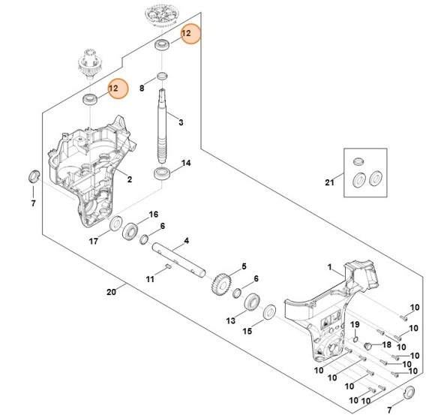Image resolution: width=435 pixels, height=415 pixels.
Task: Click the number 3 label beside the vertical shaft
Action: pyautogui.click(x=181, y=121)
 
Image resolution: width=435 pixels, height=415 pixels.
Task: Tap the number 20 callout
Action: pyautogui.click(x=112, y=291)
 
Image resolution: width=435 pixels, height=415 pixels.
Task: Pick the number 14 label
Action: pyautogui.click(x=187, y=162)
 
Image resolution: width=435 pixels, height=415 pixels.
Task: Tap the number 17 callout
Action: pyautogui.click(x=94, y=241)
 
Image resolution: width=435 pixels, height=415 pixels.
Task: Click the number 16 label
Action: pyautogui.click(x=154, y=214)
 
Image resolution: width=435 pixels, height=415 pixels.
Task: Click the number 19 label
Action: pyautogui.click(x=355, y=323)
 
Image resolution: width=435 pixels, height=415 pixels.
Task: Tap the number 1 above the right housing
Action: pyautogui.click(x=328, y=266)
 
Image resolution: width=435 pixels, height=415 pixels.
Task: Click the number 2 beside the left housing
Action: pyautogui.click(x=130, y=179)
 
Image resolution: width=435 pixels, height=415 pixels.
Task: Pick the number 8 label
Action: pyautogui.click(x=142, y=89)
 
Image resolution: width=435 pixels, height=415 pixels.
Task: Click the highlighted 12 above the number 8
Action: pyautogui.click(x=190, y=34)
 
